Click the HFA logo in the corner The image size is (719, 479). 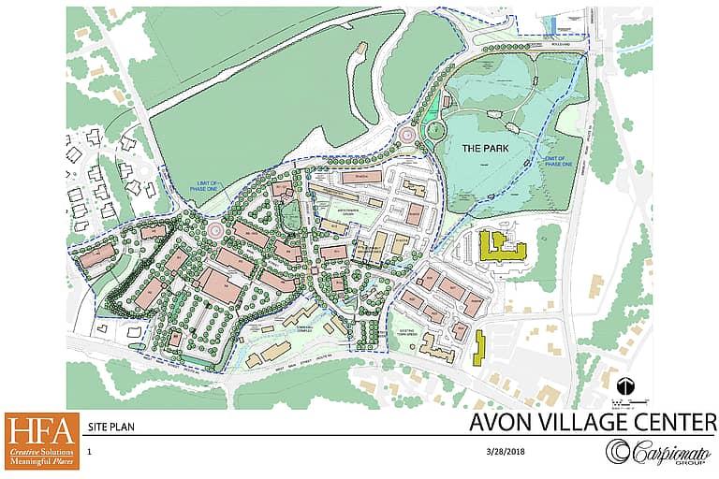40,441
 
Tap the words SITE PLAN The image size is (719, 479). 107,425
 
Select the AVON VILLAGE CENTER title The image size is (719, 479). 593,422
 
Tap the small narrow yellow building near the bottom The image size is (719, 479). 478,347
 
